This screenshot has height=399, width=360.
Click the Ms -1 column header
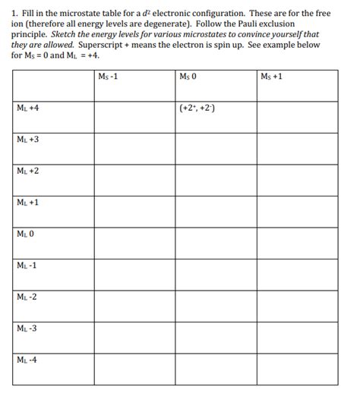coord(109,77)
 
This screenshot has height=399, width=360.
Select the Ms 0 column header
coord(188,77)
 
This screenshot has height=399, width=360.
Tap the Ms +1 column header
coord(270,77)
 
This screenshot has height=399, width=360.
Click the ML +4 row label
coord(27,108)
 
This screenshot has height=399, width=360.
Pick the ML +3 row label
coord(27,140)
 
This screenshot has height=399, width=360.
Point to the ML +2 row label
coord(27,171)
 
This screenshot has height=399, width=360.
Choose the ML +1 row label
coord(27,203)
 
